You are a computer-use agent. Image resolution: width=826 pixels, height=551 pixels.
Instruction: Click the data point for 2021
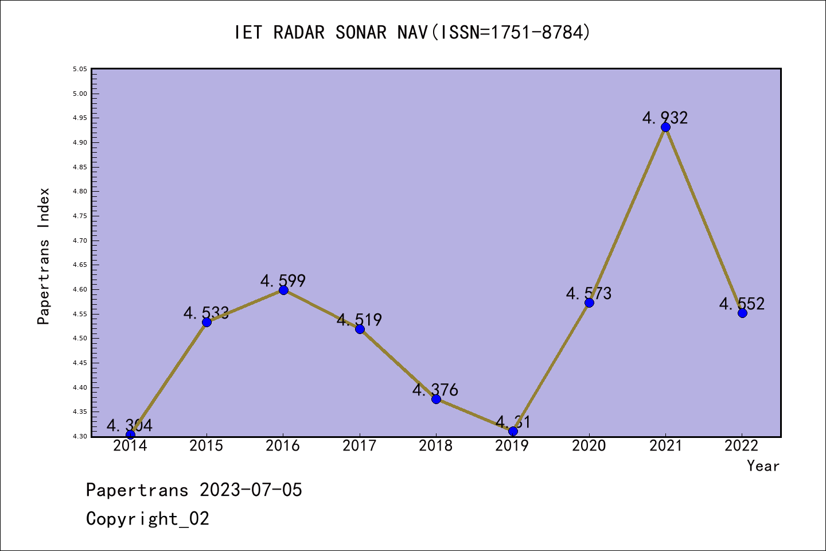pos(665,127)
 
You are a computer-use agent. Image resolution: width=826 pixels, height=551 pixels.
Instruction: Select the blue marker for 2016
pos(283,290)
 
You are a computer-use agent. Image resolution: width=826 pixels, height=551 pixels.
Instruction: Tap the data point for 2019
pos(513,431)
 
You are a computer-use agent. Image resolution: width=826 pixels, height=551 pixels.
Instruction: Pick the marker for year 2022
pos(742,313)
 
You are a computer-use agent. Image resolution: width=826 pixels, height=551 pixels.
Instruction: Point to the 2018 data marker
pos(436,399)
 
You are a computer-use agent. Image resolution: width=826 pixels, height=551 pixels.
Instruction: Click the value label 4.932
pos(665,118)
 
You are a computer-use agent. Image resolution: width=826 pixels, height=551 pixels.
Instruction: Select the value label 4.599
pos(283,281)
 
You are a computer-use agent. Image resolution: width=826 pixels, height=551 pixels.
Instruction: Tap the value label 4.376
pos(435,390)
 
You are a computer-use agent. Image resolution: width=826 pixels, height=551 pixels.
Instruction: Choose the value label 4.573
pos(589,293)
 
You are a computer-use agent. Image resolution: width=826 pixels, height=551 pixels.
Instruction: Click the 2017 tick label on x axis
pos(360,446)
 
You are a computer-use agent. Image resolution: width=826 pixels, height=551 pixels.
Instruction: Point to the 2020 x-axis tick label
pos(589,446)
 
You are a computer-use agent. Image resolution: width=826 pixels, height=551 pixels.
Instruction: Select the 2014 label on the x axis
pos(130,446)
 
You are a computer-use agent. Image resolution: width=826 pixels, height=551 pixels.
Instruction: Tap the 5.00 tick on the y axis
pos(80,94)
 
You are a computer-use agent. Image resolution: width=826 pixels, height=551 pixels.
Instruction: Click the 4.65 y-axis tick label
pos(80,265)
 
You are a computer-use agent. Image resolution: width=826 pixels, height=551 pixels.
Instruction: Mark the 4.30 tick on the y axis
pos(80,436)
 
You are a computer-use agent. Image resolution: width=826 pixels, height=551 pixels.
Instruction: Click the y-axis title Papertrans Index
pos(44,256)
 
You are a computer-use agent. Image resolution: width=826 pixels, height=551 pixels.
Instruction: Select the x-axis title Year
pos(763,466)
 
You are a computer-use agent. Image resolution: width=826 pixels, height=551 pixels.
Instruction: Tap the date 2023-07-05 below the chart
pos(251,490)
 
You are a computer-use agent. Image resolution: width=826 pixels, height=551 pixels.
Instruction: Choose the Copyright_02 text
pos(147,519)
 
